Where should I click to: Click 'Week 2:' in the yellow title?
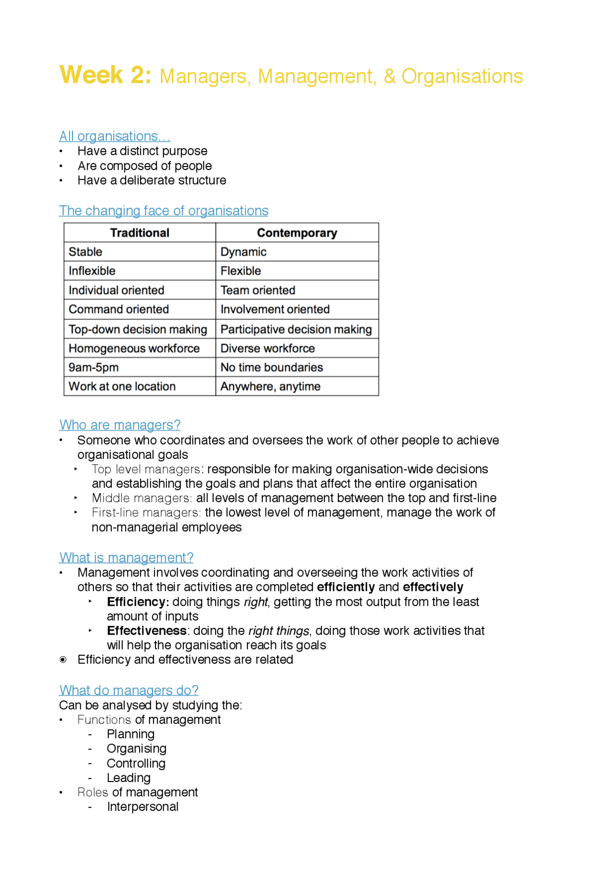pos(105,75)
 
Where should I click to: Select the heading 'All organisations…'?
pos(115,136)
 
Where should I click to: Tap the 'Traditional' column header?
pos(140,233)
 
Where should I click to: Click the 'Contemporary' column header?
pos(297,233)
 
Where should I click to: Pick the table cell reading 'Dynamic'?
pos(244,252)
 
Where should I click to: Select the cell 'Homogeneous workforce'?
pos(134,348)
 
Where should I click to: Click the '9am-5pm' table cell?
pos(94,367)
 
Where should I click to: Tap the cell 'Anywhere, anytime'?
pos(270,387)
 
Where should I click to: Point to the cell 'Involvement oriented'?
pos(275,309)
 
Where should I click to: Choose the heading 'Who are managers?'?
pos(120,425)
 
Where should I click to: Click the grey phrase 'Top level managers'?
pos(146,469)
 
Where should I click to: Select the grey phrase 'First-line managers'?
pos(146,512)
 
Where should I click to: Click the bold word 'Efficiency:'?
pos(138,602)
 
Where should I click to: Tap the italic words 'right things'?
pos(279,631)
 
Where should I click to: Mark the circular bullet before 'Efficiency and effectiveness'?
pos(63,660)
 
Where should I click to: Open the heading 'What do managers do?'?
pos(128,690)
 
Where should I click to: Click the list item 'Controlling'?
pos(136,763)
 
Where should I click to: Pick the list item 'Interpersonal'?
pos(143,807)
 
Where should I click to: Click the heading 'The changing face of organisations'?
pos(164,211)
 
